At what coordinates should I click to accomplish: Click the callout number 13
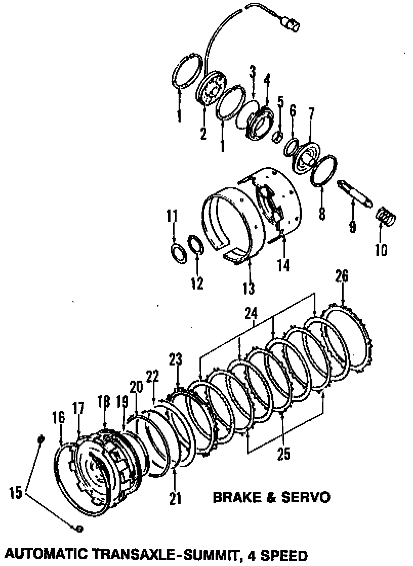tap(249, 289)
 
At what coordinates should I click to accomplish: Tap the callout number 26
tap(342, 276)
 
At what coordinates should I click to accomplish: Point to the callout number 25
tap(284, 454)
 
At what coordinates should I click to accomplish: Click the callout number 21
tap(175, 499)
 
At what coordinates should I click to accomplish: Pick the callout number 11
tap(173, 216)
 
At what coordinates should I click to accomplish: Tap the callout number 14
tap(283, 265)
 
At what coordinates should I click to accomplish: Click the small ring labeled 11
tap(177, 252)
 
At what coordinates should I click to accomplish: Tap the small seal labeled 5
tap(278, 137)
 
